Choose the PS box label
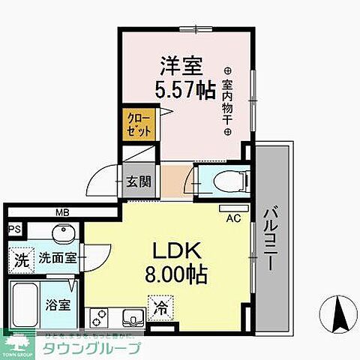tap(13, 230)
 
